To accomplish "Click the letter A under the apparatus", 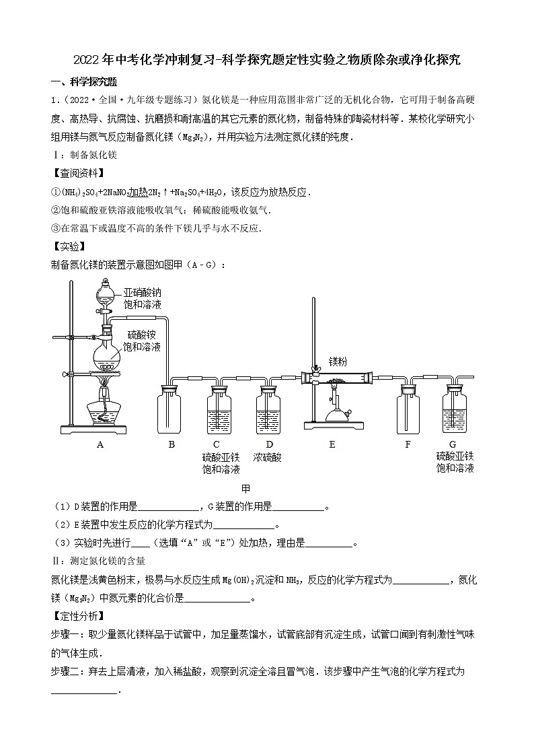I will [100, 444].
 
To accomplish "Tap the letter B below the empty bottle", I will [171, 444].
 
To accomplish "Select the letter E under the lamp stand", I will [332, 444].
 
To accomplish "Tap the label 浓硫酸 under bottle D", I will [268, 457].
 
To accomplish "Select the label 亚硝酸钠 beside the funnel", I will [142, 293].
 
